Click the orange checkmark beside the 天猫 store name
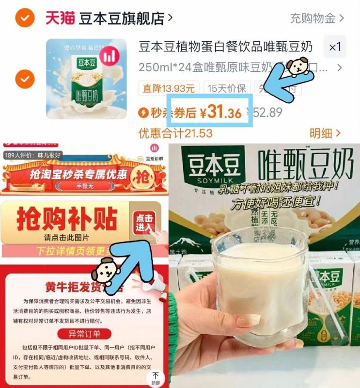tap(24, 19)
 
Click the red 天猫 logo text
tap(60, 18)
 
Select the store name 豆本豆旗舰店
tap(121, 18)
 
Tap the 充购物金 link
tap(316, 18)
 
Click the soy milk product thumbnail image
tap(86, 79)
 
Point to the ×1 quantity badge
tap(335, 47)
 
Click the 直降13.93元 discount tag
tap(169, 88)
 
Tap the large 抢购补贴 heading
tap(67, 220)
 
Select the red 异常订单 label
tap(84, 334)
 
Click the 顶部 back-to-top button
tap(156, 377)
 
